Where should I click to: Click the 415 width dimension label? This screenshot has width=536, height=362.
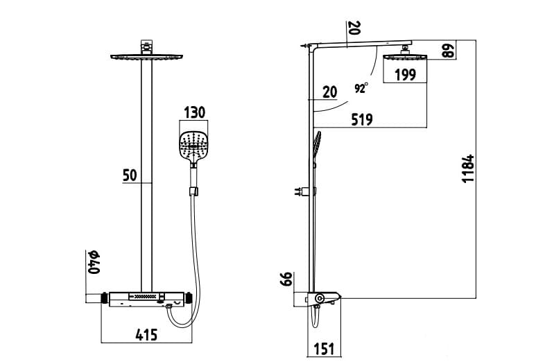[146, 335]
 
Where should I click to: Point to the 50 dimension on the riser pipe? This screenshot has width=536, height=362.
[130, 175]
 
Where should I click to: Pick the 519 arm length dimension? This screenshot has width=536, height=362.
[361, 119]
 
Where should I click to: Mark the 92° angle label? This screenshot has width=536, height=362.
[361, 88]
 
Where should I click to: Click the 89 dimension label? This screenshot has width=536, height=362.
[449, 51]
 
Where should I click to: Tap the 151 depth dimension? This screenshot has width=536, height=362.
[324, 349]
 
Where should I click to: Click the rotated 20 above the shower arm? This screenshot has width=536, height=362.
[354, 28]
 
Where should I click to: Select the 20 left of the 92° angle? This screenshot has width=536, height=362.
[329, 92]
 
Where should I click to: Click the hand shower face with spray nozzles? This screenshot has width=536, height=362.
[193, 143]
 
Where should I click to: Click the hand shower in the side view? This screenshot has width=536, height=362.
[317, 147]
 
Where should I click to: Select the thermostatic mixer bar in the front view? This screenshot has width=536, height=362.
[146, 299]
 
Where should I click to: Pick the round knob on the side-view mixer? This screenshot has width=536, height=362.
[319, 299]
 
